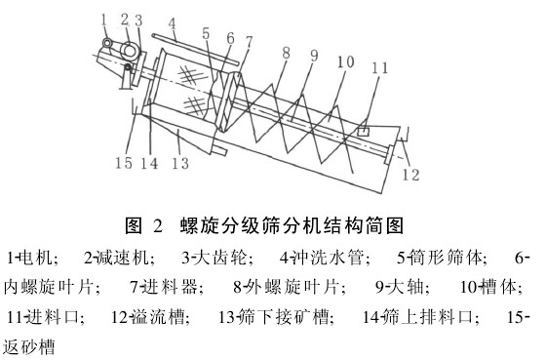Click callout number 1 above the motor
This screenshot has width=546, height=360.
pos(104,17)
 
